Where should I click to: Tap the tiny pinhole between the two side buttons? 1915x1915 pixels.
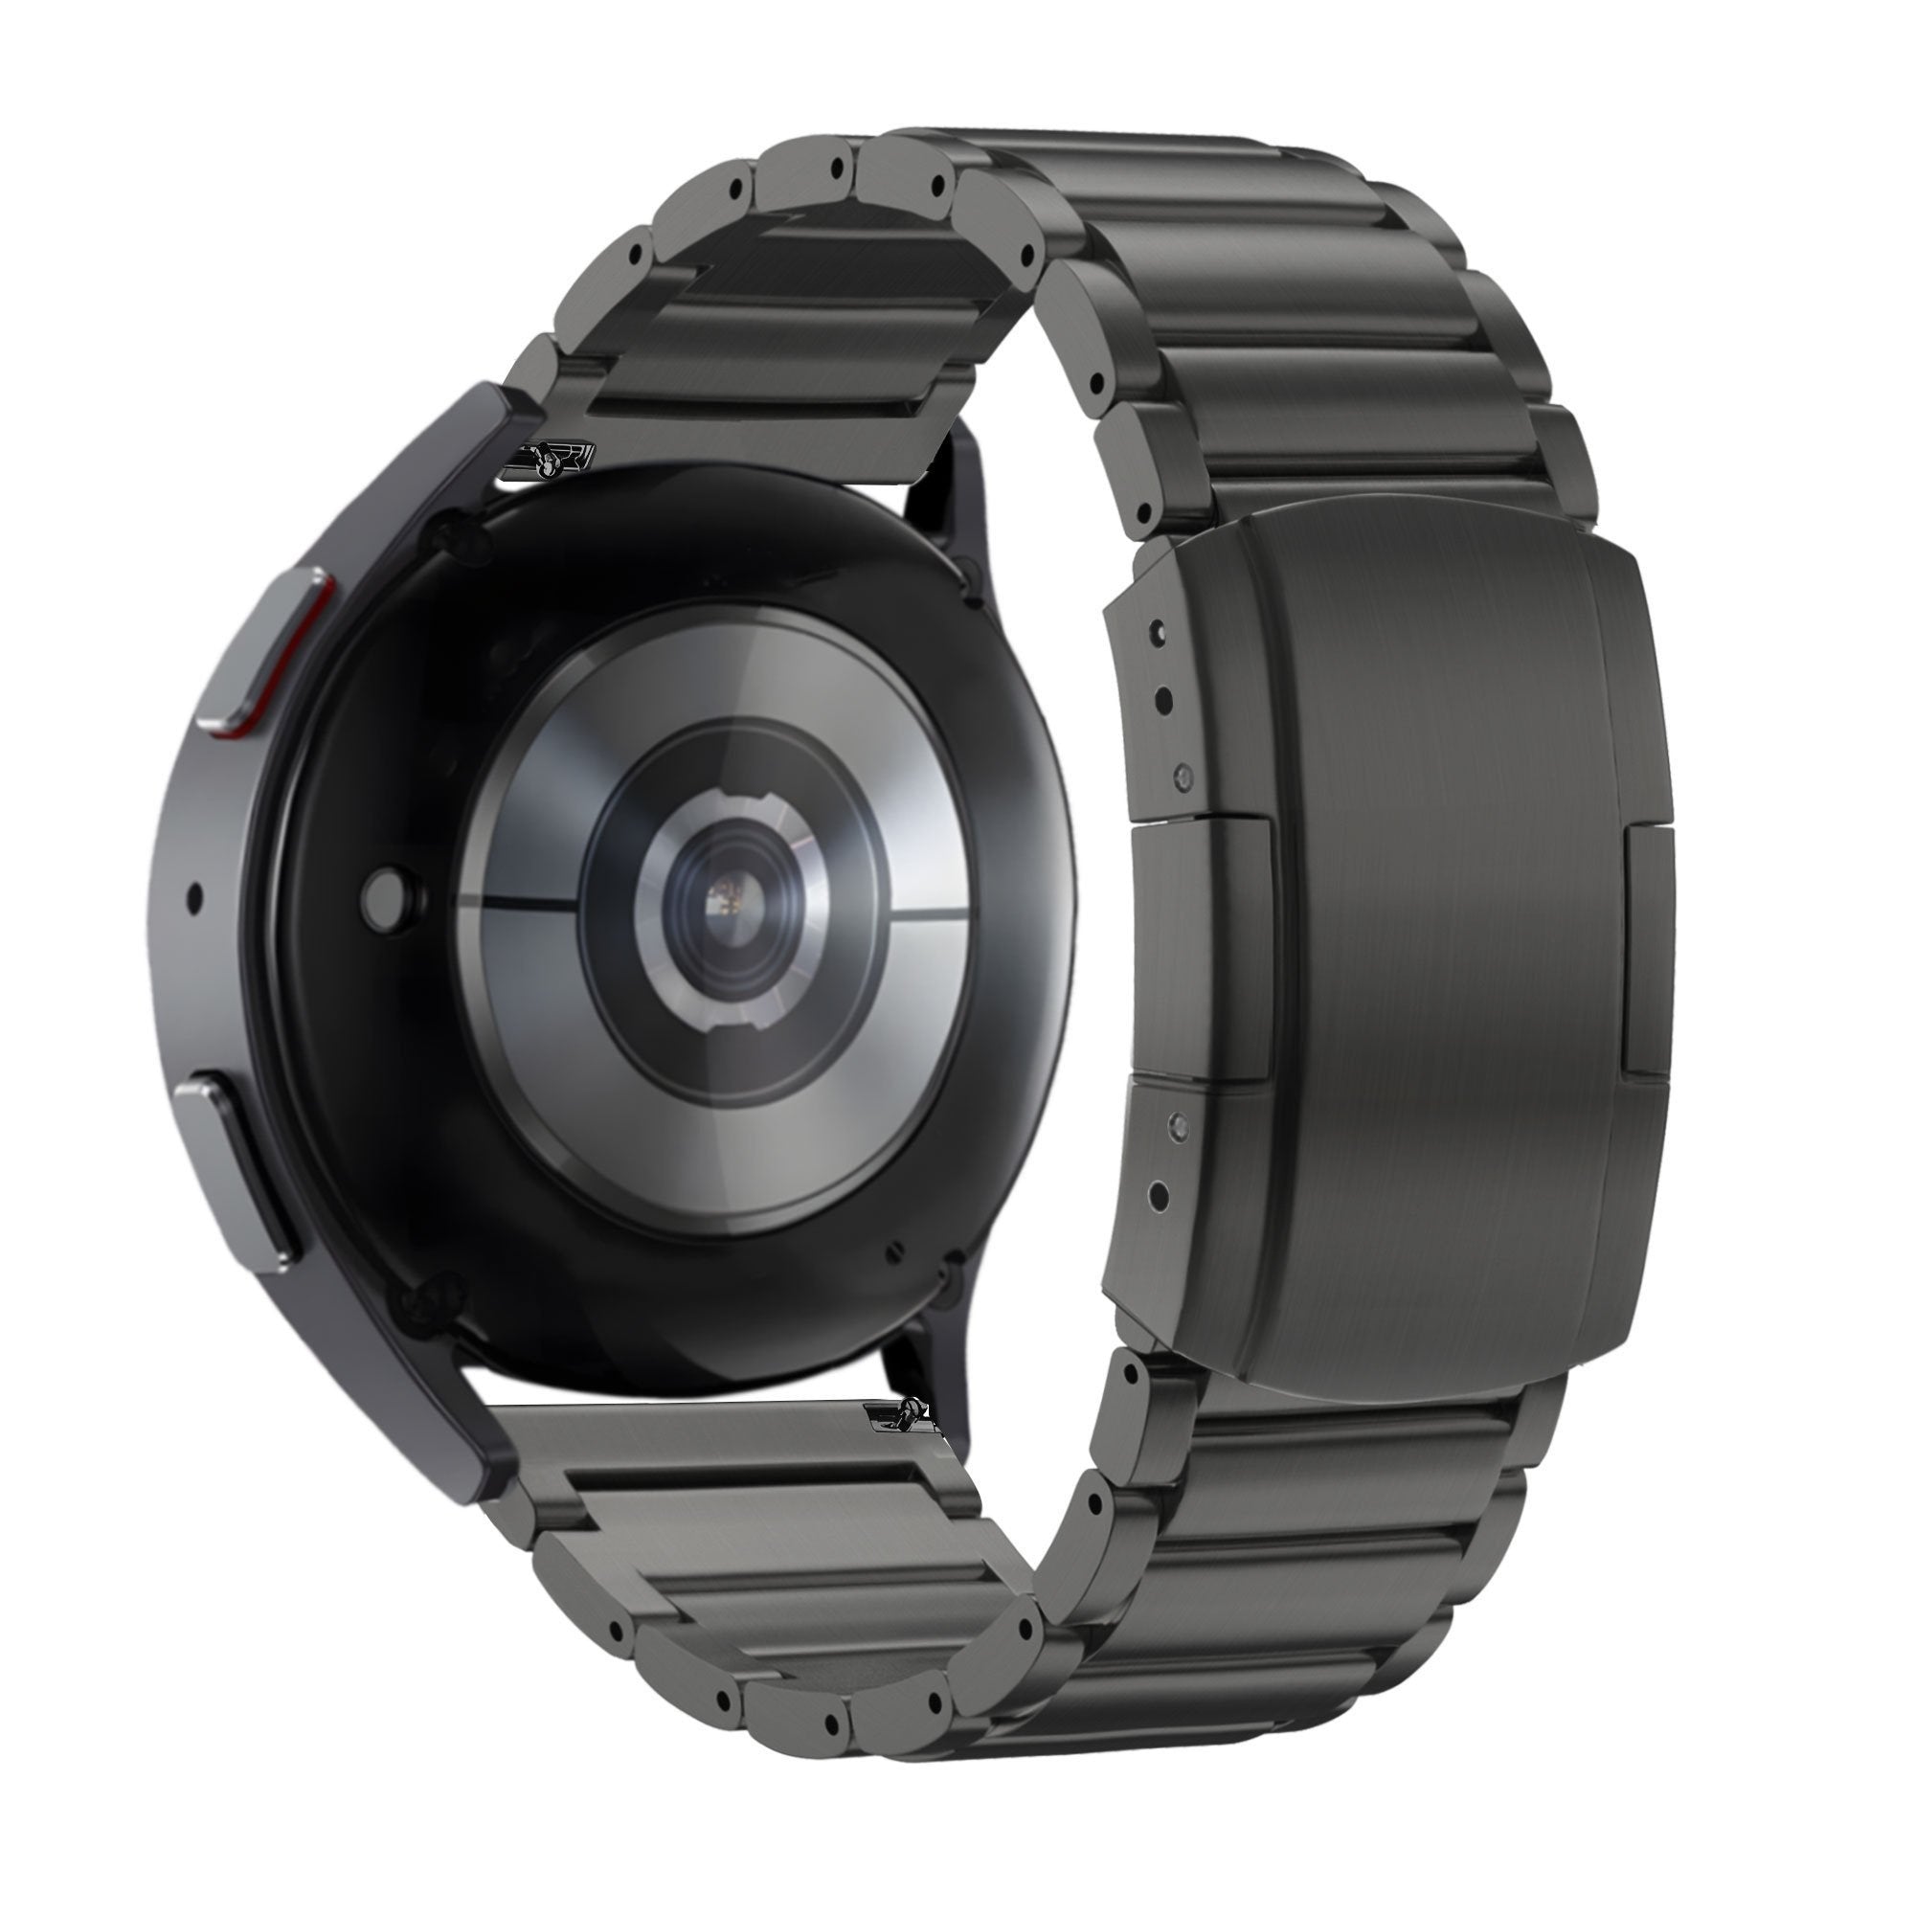click(194, 898)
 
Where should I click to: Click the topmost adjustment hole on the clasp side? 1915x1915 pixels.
click(1156, 628)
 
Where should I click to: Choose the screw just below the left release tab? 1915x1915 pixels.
click(1178, 1122)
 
